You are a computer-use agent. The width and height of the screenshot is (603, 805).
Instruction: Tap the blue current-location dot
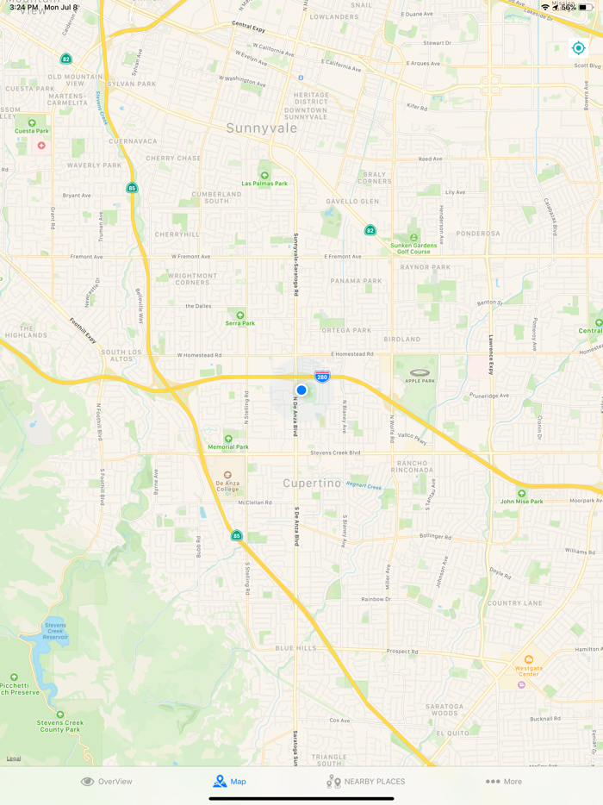click(x=301, y=390)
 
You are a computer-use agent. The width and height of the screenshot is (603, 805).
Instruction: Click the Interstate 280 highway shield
click(x=322, y=377)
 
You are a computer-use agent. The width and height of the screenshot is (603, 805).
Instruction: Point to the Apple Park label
click(x=420, y=381)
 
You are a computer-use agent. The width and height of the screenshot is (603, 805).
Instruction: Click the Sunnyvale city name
click(x=262, y=128)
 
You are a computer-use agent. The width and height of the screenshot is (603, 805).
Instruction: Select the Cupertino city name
click(x=313, y=484)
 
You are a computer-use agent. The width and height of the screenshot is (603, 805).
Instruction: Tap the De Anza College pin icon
click(x=228, y=475)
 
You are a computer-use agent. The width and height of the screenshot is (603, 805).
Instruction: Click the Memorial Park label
click(x=228, y=446)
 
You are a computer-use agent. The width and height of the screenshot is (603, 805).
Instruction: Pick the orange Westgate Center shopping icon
click(x=529, y=659)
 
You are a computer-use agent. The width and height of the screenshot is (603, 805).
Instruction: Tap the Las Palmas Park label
click(x=264, y=183)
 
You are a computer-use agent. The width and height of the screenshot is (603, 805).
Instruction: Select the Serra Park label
click(x=240, y=323)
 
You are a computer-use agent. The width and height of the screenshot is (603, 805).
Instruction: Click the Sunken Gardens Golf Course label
click(x=413, y=248)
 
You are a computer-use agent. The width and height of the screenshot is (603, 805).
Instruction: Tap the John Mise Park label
click(x=522, y=501)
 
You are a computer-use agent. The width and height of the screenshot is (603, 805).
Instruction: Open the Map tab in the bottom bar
click(x=229, y=782)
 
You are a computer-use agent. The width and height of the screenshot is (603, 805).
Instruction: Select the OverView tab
click(x=107, y=782)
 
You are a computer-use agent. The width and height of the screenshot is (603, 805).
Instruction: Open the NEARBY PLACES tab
click(x=365, y=782)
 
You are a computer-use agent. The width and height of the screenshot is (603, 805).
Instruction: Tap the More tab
click(x=504, y=782)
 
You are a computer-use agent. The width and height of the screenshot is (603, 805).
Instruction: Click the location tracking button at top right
click(x=579, y=48)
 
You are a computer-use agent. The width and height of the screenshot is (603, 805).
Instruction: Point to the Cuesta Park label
click(x=32, y=131)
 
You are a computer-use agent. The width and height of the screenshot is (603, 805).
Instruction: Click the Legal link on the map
click(x=14, y=758)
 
